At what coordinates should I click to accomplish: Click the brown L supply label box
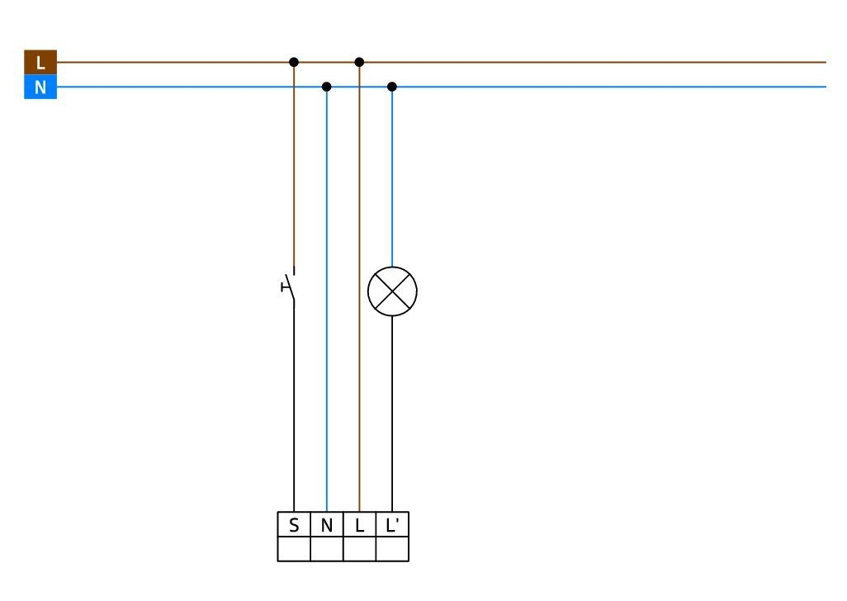40,62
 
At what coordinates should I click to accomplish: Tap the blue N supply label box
40,87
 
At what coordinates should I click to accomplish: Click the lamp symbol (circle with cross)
392,291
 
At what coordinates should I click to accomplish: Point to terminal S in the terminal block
294,524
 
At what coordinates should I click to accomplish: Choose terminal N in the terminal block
327,524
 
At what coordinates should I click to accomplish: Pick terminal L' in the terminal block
392,524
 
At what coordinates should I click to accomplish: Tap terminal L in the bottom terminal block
360,524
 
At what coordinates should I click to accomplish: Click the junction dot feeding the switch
294,62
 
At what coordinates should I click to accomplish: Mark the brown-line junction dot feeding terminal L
359,62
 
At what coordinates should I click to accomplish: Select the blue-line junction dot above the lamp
392,87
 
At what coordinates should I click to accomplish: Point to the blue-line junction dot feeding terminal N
326,87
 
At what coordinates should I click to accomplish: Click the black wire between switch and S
294,408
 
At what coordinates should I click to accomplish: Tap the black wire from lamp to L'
392,414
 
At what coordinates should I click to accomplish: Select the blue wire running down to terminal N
326,299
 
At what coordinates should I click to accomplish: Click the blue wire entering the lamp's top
392,177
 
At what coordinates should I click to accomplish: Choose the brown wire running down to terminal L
359,286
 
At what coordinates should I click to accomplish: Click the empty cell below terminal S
294,549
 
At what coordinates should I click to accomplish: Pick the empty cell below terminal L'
392,549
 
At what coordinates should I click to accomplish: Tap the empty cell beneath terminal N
327,549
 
